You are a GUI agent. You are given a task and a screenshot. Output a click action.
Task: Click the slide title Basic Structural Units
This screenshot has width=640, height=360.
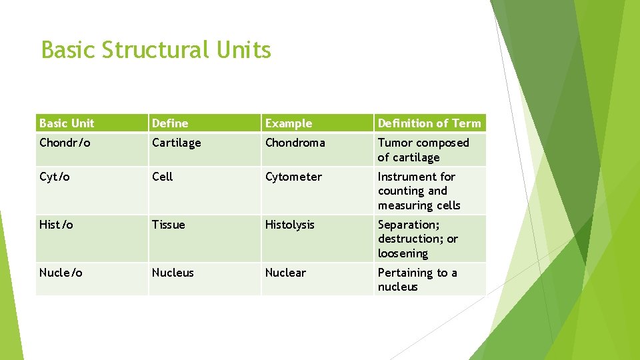[156, 50]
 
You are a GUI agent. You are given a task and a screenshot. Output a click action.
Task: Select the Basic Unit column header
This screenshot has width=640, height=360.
[67, 123]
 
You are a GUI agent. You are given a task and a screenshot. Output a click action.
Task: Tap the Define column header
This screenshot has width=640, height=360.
[170, 123]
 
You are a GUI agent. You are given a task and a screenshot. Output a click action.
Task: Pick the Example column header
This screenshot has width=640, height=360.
[288, 123]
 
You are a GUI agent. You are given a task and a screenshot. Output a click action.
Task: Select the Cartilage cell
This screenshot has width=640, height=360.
[176, 143]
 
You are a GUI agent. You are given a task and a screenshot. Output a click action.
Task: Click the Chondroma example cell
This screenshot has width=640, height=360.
[295, 143]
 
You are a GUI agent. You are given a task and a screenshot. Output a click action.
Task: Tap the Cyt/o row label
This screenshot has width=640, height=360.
[54, 177]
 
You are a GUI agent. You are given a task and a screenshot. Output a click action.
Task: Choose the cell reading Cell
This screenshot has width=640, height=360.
[162, 177]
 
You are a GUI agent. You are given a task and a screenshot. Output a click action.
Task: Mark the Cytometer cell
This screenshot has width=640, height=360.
[293, 177]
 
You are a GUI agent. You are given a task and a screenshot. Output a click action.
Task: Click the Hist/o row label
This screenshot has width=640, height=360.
[56, 225]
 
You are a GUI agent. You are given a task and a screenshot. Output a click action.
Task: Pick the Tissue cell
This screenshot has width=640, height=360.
[168, 225]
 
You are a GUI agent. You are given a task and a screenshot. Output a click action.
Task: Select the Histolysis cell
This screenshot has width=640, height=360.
[289, 225]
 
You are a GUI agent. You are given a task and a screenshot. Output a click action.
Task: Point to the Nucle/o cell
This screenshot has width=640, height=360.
[61, 273]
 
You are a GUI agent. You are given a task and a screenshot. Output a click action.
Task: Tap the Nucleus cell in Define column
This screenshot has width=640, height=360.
[173, 273]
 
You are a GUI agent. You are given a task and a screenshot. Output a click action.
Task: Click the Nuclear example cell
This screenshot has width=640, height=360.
[285, 273]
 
